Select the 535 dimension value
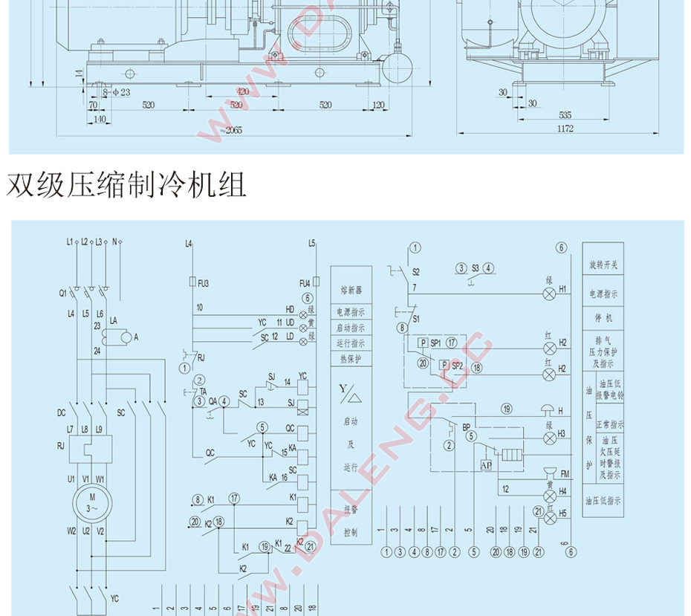pos(565,115)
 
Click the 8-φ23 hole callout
pos(116,92)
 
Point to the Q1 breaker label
pos(63,294)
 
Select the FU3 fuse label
pos(204,283)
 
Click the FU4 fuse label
pos(305,283)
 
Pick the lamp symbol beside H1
pos(550,294)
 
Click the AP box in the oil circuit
pos(487,465)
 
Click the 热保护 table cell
pos(351,359)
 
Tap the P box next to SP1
pos(421,344)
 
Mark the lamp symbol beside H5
pos(550,519)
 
